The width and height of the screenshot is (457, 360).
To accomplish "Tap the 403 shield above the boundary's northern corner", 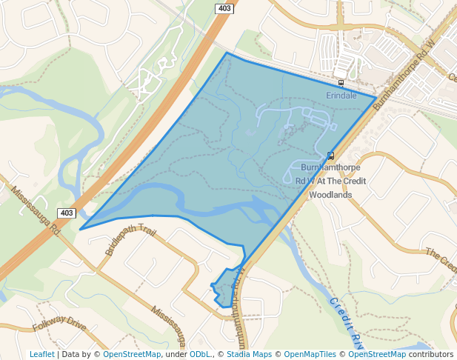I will pos(224,8).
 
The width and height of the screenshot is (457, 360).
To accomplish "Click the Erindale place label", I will pos(341,96).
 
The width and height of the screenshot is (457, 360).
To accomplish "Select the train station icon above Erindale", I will pos(341,83).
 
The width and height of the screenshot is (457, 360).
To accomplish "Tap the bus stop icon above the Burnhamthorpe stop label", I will pos(330,156).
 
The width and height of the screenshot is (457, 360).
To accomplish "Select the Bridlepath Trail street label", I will pos(131,241).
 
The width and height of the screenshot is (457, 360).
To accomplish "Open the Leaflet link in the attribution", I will pos(42,354).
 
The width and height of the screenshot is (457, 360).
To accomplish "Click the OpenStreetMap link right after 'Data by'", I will pos(132,354).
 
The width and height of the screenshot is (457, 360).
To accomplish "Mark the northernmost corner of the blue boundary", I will pos(227,53).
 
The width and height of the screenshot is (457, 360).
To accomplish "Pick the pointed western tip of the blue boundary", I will pos(80,229).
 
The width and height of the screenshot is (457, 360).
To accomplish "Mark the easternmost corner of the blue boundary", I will pos(375,97).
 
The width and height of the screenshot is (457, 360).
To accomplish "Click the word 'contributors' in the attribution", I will pos(430,354).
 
